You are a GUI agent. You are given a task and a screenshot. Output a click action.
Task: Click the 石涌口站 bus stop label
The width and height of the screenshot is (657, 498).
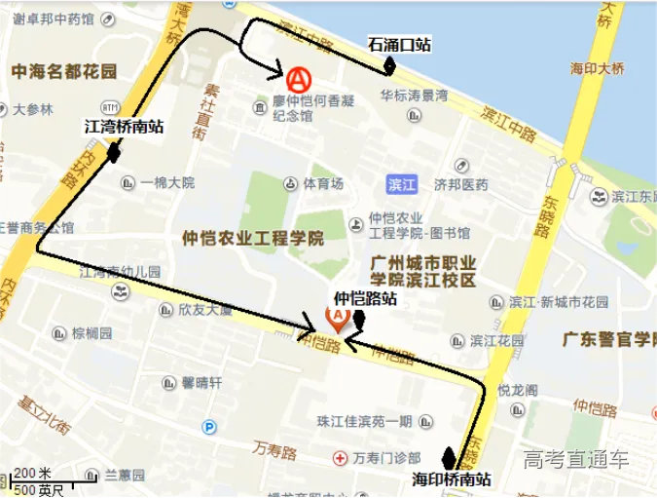[x=399, y=44]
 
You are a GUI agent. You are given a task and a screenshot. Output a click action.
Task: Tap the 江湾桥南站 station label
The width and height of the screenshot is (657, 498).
[x=124, y=126]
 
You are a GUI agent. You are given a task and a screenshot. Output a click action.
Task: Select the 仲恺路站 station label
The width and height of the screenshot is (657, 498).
[x=366, y=298]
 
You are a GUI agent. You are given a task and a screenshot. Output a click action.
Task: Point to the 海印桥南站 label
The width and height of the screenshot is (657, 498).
[x=451, y=479]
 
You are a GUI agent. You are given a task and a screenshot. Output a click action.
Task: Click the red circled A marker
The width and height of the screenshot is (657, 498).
[x=300, y=75]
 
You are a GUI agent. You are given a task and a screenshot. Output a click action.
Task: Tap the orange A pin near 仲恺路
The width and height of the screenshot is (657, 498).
[x=337, y=318]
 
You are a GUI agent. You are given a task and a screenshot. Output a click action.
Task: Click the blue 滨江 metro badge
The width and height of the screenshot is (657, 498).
[x=400, y=183]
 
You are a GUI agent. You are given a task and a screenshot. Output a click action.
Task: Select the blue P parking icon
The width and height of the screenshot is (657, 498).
[x=207, y=427]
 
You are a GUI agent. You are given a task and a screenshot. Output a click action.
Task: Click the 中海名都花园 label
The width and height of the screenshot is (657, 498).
[x=64, y=71]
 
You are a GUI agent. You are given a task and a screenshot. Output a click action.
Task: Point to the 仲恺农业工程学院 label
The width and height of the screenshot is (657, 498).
[x=253, y=238]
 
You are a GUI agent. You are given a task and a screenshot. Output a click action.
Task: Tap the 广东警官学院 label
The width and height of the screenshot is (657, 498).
[x=609, y=340]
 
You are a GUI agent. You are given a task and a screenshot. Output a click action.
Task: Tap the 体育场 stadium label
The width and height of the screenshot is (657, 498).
[x=323, y=183]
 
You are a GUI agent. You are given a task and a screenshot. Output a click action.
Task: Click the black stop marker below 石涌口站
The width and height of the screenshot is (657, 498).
[x=389, y=64]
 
